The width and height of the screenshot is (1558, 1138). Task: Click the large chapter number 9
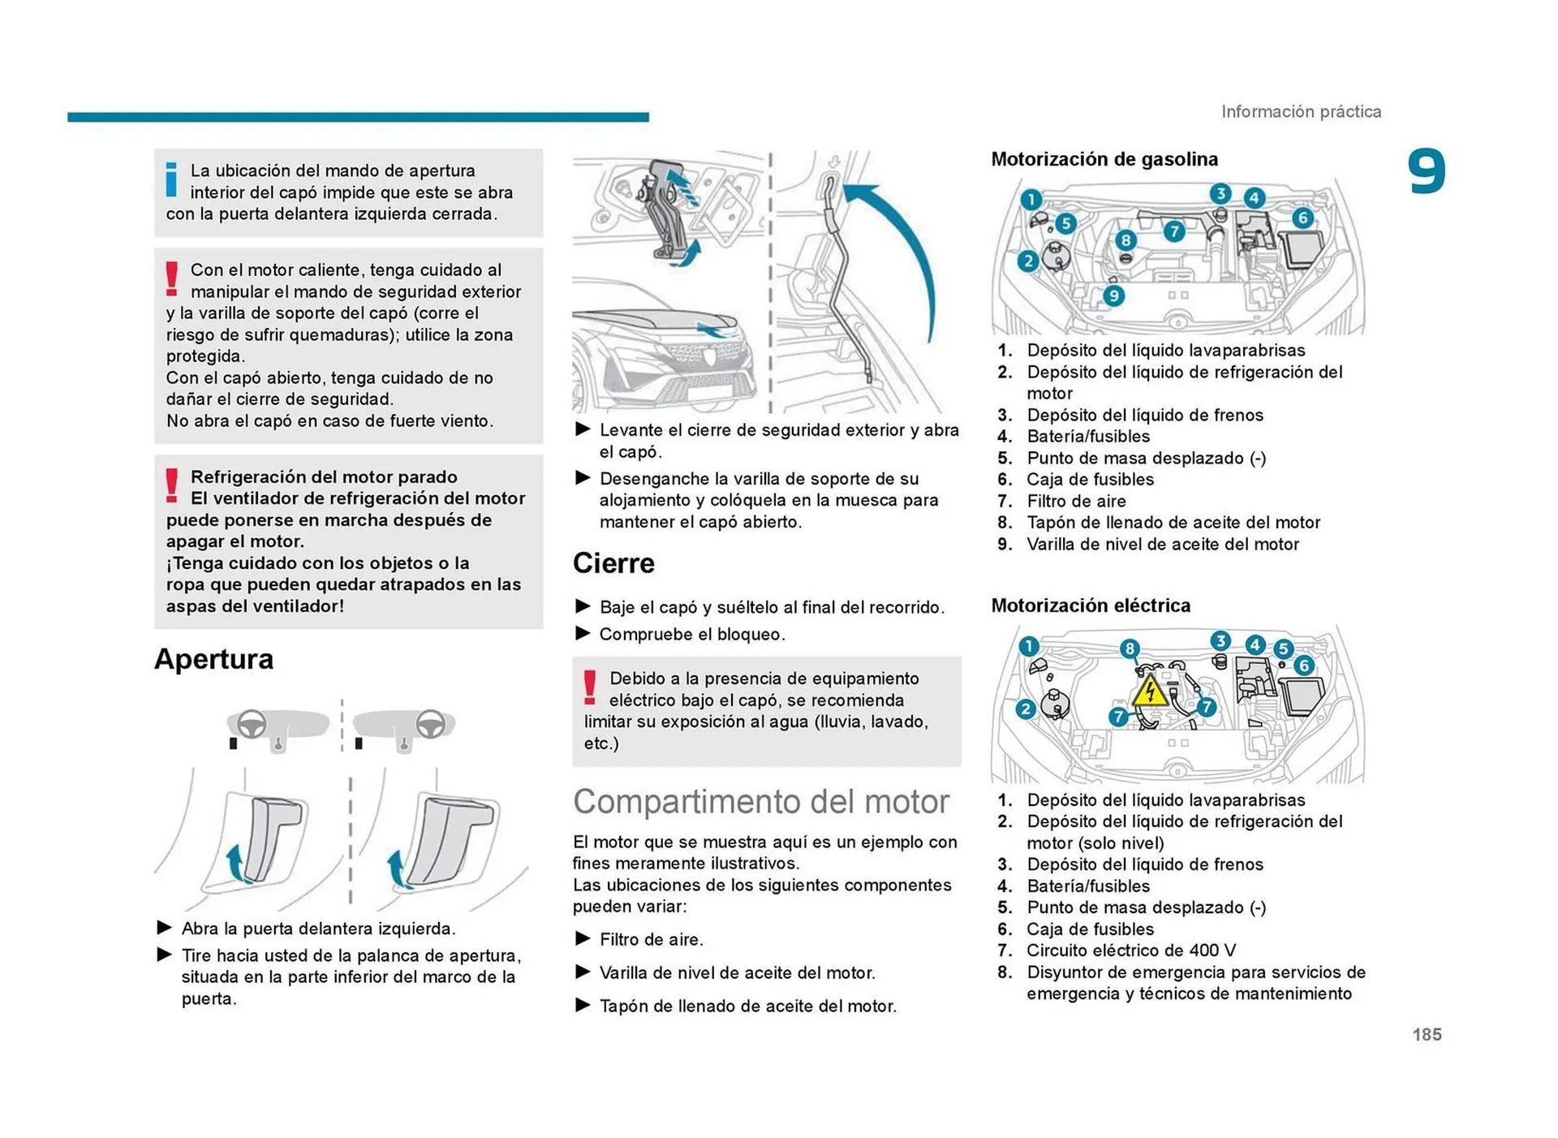pos(1426,172)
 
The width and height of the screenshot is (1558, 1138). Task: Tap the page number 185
pos(1427,1034)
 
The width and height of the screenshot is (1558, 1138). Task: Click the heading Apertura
pos(213,659)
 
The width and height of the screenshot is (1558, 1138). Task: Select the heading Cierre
pos(613,563)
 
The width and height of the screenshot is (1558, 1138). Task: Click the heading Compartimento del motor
pos(760,802)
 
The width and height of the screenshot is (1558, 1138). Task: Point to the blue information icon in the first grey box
pos(171,180)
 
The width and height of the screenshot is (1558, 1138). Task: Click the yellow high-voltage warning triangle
pos(1149,692)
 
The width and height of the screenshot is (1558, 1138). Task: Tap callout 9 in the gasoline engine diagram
pos(1114,295)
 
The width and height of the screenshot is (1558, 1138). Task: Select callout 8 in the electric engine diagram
pos(1129,648)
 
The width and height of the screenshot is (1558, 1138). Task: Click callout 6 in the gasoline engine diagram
pos(1302,218)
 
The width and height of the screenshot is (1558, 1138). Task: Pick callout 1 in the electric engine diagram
pos(1028,646)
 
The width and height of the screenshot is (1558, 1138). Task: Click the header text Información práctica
pos(1301,112)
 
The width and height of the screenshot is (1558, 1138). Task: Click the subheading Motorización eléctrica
pos(1091,606)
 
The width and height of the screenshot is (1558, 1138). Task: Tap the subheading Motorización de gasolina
pos(1104,159)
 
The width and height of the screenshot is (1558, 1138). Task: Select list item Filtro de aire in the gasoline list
pos(1076,501)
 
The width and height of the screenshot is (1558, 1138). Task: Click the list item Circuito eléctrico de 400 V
pos(1130,950)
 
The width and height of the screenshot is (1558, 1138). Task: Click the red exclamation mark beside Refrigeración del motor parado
pos(171,485)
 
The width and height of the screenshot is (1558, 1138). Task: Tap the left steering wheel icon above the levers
pos(252,724)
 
